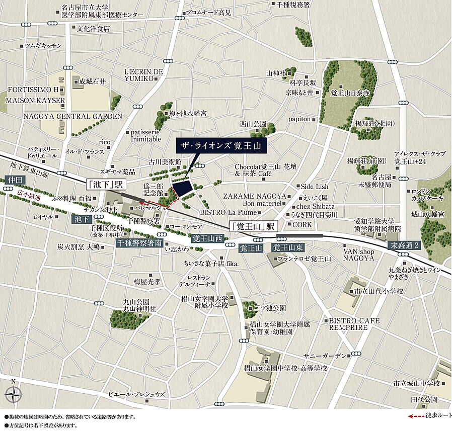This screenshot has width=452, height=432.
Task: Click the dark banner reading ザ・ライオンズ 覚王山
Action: (220, 146)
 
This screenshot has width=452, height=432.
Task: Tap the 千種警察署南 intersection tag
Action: (139, 243)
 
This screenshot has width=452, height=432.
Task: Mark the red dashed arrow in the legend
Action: (416, 416)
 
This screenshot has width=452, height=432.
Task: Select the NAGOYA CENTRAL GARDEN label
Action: (72, 116)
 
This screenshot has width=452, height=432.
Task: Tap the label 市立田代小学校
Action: (379, 291)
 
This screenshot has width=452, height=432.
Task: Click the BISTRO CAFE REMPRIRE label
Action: (354, 324)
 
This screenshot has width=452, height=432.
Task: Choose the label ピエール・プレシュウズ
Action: (137, 394)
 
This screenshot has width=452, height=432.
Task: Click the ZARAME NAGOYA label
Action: (255, 196)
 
